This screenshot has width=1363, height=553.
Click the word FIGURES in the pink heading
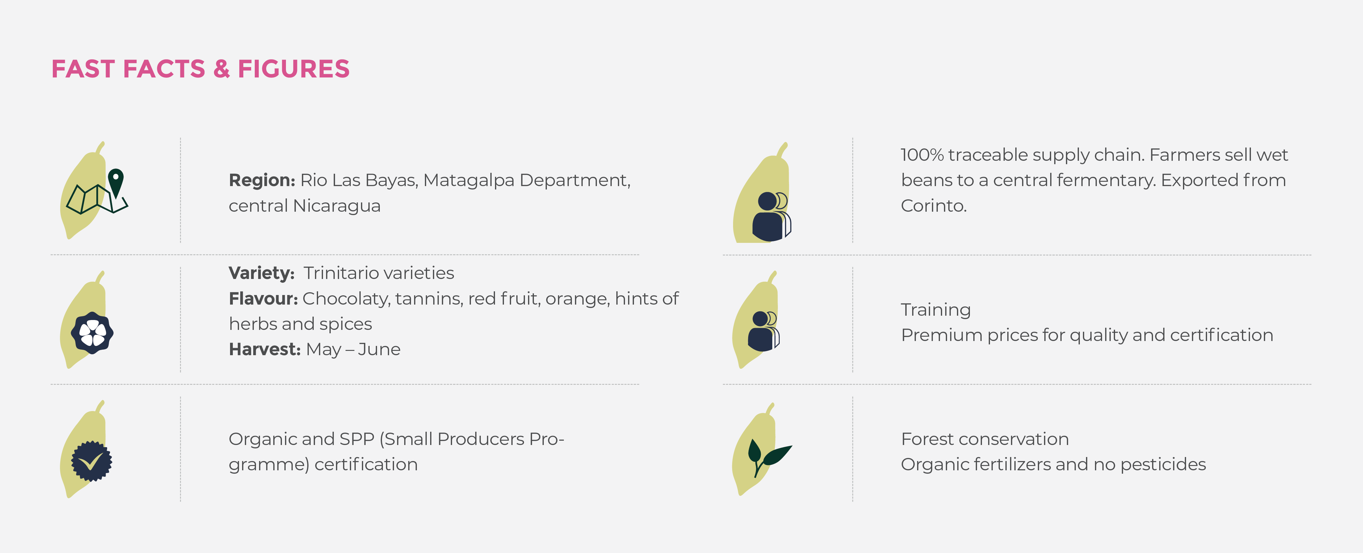tap(294, 69)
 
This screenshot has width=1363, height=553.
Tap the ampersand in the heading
tap(222, 69)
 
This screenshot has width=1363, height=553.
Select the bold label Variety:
tap(261, 273)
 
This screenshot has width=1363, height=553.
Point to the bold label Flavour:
tap(263, 299)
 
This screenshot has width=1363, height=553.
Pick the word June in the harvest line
tap(380, 349)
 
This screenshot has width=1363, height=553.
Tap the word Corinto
tap(934, 206)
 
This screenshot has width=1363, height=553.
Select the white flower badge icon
tap(93, 333)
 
